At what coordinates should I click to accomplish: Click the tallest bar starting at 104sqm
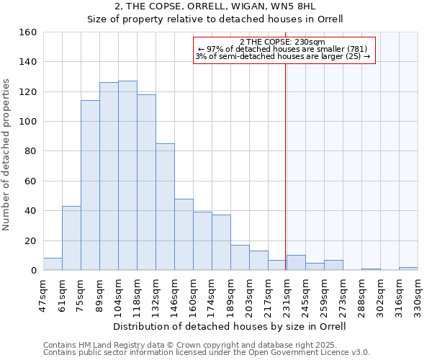[127, 176]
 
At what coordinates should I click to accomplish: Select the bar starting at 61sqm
[71, 238]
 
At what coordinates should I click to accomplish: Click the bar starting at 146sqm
[184, 235]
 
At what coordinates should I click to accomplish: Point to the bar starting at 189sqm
[240, 258]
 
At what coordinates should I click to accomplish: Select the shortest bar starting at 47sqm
[53, 264]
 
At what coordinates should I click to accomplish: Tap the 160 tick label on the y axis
[28, 32]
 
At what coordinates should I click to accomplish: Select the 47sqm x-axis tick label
[43, 294]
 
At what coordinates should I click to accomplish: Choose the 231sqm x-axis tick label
[287, 294]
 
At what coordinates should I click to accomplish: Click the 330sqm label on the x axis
[418, 294]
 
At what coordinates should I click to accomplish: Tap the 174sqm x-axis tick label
[212, 294]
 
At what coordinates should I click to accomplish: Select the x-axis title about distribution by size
[230, 326]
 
